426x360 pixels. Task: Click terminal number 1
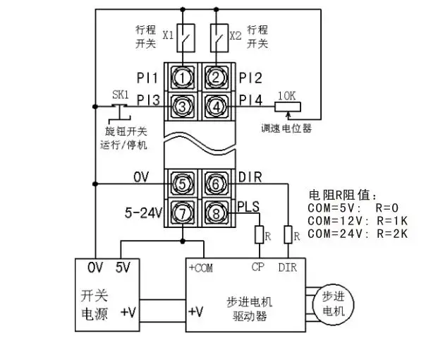[x=183, y=77]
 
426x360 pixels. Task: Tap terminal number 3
[x=183, y=107]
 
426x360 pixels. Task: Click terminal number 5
[x=183, y=184]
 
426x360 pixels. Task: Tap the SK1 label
[x=121, y=95]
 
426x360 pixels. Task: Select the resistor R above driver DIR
[x=288, y=234]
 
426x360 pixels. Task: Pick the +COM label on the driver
[x=202, y=268]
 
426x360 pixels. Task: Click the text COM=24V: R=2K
[x=358, y=232]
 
